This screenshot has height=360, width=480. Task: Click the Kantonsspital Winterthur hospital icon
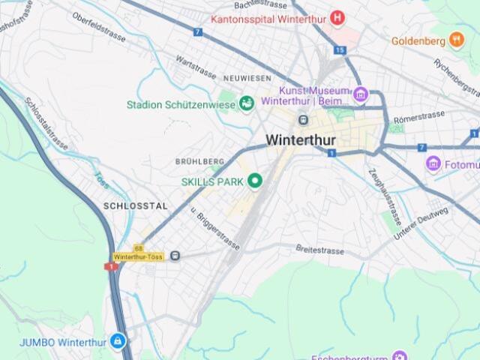338,17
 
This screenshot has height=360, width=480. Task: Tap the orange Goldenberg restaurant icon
457,40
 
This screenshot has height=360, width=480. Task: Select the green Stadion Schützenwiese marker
247,103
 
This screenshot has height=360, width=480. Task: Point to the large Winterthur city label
301,140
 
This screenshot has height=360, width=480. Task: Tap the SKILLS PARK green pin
255,181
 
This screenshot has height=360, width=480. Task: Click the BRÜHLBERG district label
199,161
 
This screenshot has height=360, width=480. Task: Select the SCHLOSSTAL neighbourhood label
136,205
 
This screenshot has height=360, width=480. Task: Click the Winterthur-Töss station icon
175,256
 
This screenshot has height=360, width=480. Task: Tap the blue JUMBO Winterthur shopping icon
117,342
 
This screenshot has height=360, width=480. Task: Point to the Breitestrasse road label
319,248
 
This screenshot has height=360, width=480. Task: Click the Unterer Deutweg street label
421,223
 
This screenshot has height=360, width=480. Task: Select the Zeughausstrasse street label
385,197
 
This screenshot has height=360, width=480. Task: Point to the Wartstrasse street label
196,67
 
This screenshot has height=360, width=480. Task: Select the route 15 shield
340,50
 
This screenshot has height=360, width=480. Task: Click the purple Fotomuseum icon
433,164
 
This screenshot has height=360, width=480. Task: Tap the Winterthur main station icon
302,119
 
